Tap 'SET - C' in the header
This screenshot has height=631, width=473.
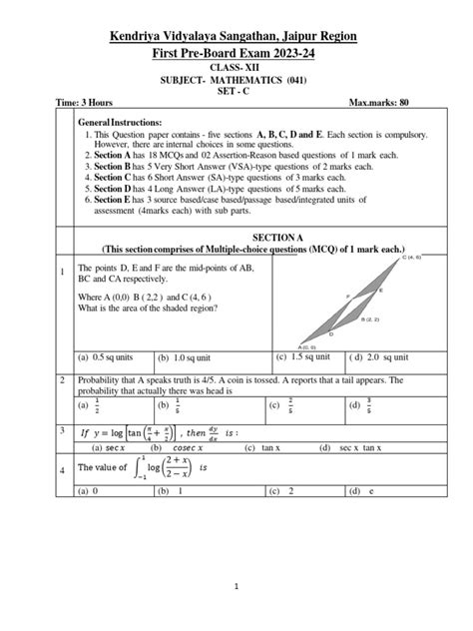pyautogui.click(x=236, y=88)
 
